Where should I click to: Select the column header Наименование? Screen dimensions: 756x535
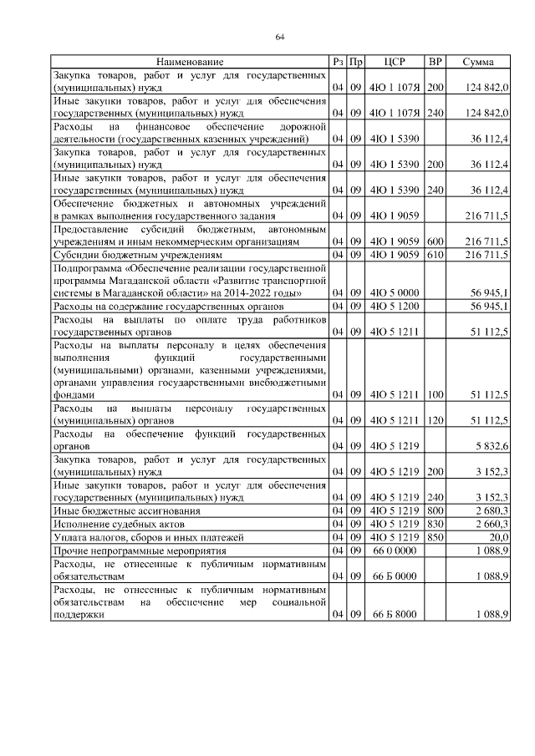[x=190, y=63]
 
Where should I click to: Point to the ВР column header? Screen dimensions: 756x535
[x=435, y=63]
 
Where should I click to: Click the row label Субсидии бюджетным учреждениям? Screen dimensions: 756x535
[x=138, y=254]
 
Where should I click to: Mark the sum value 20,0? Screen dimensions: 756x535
[x=498, y=537]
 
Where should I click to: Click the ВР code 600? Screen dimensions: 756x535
[x=435, y=241]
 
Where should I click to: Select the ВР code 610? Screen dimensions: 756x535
[x=435, y=254]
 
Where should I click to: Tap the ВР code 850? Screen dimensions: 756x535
[x=435, y=537]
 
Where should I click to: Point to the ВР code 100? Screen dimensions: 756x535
[x=435, y=393]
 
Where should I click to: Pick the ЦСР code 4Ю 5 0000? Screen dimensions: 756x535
[x=395, y=292]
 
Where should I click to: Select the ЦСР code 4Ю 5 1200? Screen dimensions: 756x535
[x=395, y=306]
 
